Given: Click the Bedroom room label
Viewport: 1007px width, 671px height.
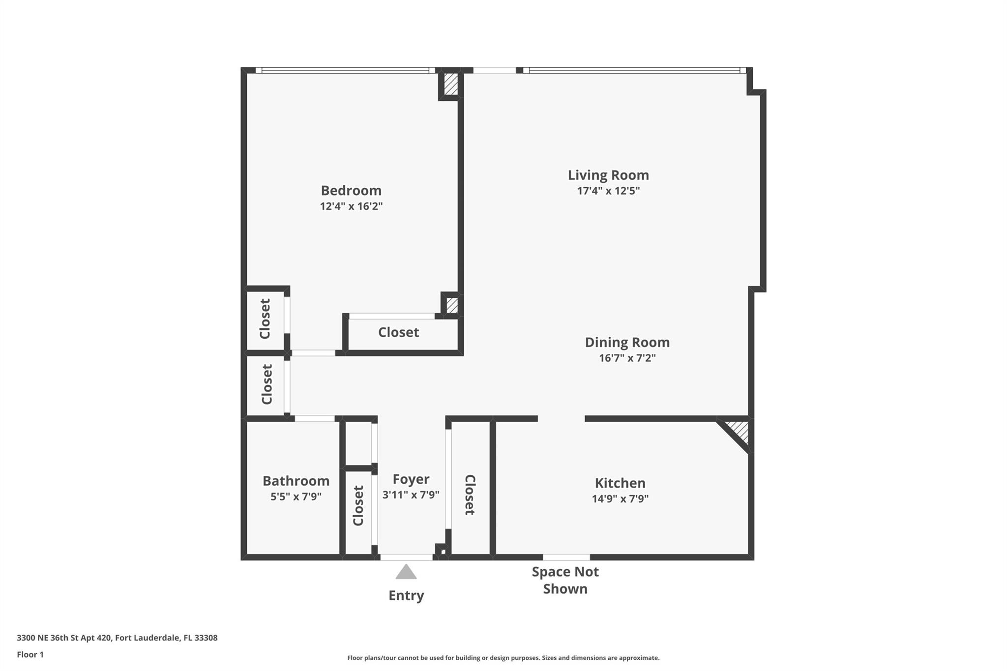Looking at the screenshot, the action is (351, 190).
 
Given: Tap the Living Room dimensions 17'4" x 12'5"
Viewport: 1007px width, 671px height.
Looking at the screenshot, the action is (608, 191).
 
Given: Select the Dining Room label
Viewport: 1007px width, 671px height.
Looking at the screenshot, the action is (627, 342).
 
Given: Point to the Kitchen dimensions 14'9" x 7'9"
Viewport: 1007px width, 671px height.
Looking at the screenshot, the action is (620, 499).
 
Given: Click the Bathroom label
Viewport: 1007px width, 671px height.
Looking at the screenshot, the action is (296, 481).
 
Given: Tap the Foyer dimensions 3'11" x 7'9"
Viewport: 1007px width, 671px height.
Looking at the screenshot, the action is (411, 495).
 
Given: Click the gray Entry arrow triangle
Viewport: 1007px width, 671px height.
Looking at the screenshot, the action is (406, 572).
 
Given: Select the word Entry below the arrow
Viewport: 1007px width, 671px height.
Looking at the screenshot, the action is (406, 596).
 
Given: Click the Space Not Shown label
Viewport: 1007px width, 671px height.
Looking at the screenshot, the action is (565, 581).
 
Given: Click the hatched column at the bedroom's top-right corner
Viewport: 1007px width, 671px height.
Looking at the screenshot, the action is (451, 84).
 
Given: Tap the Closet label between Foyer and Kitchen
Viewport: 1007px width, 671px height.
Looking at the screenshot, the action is (470, 495).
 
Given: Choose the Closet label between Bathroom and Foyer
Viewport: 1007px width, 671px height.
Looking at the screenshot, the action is (358, 505).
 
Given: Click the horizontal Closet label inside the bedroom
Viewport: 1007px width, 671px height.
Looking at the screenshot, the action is (398, 332).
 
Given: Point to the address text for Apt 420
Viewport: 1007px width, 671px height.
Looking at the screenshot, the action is (117, 638).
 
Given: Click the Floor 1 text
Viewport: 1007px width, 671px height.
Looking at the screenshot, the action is (30, 655).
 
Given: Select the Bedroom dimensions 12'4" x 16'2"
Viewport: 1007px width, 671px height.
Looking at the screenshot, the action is (351, 206).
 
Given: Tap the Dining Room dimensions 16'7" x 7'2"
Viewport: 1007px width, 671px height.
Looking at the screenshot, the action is (627, 358).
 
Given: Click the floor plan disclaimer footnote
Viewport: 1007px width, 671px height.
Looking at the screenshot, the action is (503, 658).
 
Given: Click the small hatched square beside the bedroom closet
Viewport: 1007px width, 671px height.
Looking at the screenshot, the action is (452, 305).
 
